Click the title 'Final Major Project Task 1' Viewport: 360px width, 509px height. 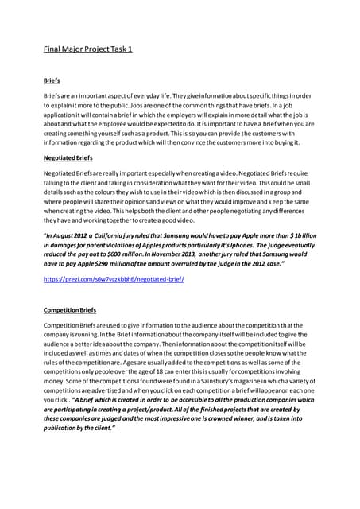tap(87, 49)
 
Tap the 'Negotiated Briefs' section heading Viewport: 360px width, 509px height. tap(68, 158)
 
